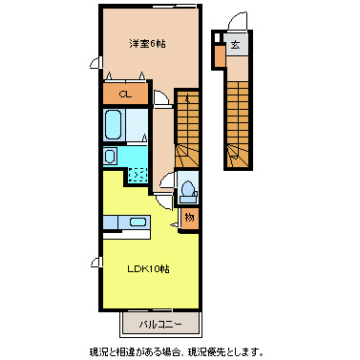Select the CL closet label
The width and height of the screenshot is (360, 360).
click(124, 94)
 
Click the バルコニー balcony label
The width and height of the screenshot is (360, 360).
click(159, 326)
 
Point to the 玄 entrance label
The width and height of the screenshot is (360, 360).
click(234, 43)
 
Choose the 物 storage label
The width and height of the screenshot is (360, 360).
click(189, 218)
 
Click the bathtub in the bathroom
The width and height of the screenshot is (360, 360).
click(114, 124)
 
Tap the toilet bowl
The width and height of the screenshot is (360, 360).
click(188, 188)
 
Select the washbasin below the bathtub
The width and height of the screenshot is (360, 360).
click(110, 156)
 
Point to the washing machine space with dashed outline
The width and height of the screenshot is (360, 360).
click(138, 172)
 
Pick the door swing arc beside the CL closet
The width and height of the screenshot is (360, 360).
click(160, 96)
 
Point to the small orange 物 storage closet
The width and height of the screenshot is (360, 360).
click(189, 218)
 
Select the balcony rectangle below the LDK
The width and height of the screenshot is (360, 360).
click(159, 326)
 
